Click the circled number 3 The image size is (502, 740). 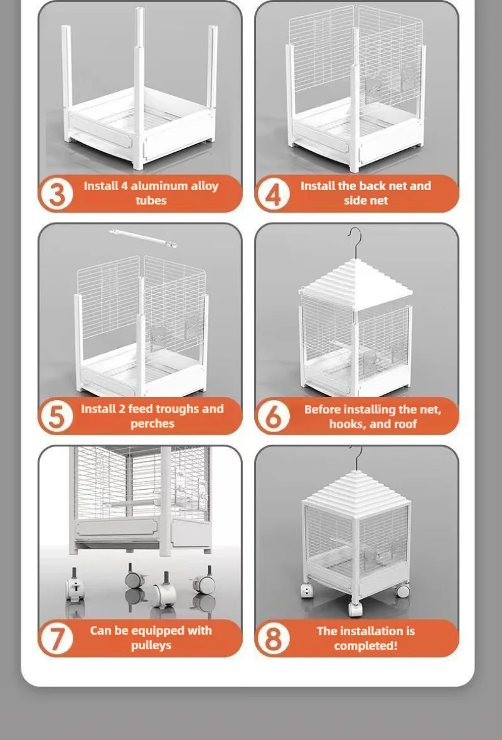[x=56, y=194]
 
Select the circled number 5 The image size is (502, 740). [x=56, y=416]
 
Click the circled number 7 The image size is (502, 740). [x=56, y=638]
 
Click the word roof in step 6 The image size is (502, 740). [x=404, y=424]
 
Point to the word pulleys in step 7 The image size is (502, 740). [x=151, y=645]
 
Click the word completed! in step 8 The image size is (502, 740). [x=366, y=645]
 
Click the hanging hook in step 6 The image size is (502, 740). [x=354, y=241]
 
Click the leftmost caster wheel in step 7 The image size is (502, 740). [x=75, y=586]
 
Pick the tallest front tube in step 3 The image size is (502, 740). [x=139, y=88]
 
